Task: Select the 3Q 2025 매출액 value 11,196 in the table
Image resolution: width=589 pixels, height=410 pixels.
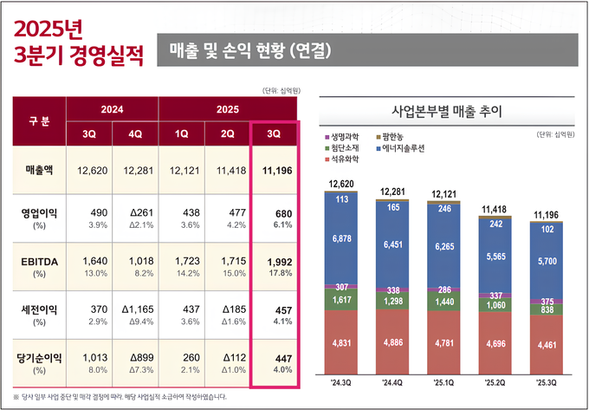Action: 275,170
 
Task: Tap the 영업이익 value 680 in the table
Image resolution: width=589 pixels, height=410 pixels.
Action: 275,212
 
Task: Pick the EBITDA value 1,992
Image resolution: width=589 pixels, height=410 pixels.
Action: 275,261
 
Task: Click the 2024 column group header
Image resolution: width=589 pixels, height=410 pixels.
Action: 112,110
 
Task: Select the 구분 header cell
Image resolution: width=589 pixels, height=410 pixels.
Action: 38,121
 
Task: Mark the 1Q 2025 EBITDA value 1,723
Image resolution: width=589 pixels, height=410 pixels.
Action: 181,261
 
